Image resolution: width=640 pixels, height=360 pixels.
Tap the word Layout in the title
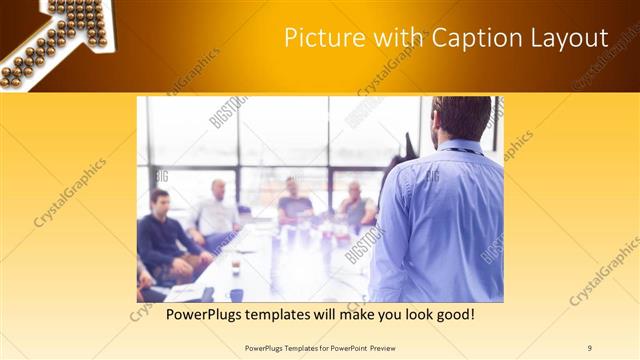571,39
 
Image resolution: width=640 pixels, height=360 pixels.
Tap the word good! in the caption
451,315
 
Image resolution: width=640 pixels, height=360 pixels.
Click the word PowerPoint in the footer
340,347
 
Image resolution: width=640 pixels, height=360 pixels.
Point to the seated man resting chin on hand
354,206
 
